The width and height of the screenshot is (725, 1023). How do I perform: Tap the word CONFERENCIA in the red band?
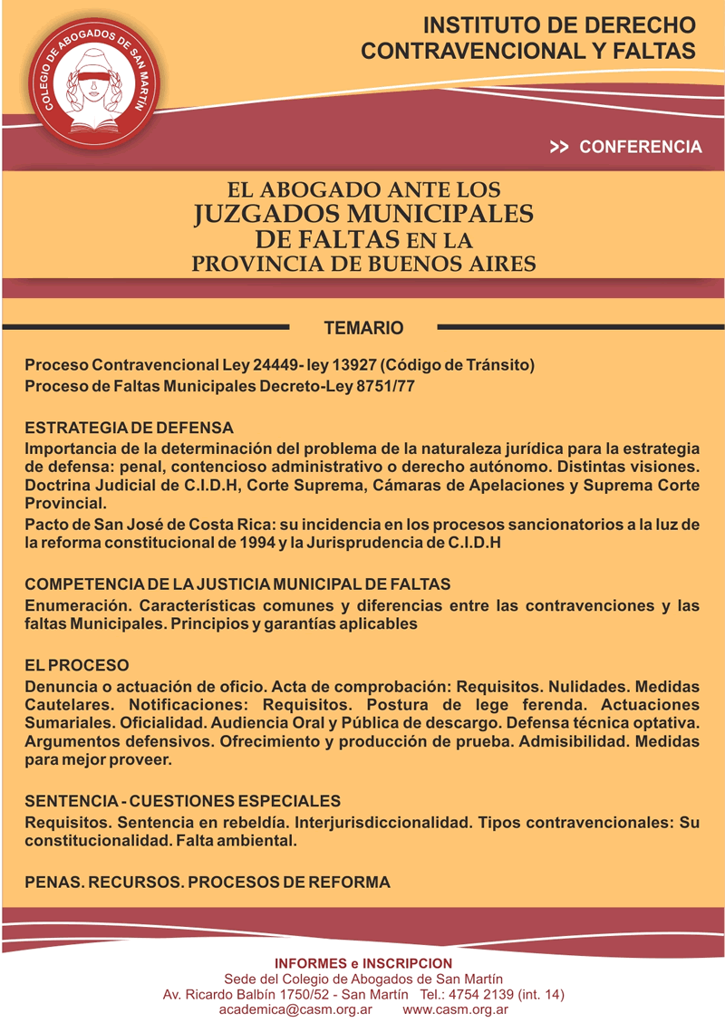pyautogui.click(x=640, y=147)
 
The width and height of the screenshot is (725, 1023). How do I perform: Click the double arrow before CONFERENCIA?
pyautogui.click(x=559, y=147)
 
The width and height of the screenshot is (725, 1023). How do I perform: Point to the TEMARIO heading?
pyautogui.click(x=363, y=327)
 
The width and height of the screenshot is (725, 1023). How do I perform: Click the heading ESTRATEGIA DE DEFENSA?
pyautogui.click(x=129, y=427)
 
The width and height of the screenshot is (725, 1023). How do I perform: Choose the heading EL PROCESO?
pyautogui.click(x=77, y=665)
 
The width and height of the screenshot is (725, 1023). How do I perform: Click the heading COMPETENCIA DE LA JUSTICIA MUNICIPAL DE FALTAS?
pyautogui.click(x=237, y=584)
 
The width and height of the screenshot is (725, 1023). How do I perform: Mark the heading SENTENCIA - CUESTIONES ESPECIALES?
pyautogui.click(x=182, y=802)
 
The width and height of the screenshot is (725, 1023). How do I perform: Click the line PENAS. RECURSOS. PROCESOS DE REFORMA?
pyautogui.click(x=208, y=882)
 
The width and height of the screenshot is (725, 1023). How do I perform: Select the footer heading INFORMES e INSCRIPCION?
pyautogui.click(x=362, y=962)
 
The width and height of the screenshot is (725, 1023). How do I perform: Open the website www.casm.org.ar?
pyautogui.click(x=454, y=1009)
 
